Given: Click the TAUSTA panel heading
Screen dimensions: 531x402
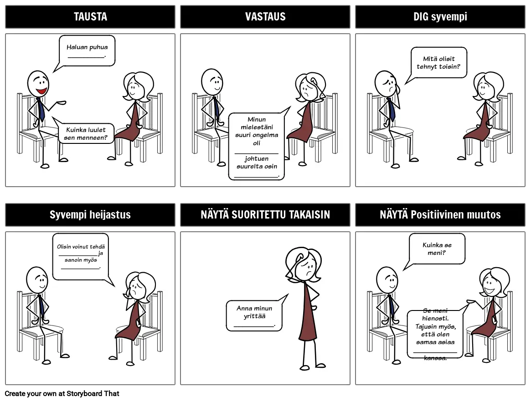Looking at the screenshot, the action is click(x=90, y=16).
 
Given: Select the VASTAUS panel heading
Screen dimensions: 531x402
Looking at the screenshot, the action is click(x=265, y=16).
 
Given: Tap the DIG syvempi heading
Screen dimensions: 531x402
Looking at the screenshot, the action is click(x=440, y=16).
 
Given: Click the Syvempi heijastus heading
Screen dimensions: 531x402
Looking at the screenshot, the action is click(x=90, y=214).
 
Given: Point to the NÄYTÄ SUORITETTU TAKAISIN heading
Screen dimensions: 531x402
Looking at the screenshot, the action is click(x=265, y=214).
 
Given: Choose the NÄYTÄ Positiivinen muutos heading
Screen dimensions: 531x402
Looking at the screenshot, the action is click(x=440, y=214).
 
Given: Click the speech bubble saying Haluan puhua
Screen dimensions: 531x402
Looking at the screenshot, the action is click(x=87, y=51).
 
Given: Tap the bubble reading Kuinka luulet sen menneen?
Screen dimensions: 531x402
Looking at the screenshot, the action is click(x=86, y=133).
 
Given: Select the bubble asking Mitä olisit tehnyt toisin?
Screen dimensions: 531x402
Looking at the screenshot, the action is click(x=438, y=63).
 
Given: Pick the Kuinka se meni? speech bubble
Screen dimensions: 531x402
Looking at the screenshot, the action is click(x=437, y=249).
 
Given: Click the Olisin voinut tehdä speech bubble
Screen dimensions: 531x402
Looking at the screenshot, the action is click(x=81, y=257).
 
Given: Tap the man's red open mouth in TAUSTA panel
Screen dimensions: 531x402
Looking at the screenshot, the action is click(x=42, y=91).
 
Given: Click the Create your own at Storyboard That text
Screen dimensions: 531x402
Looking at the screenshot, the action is click(x=62, y=393).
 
